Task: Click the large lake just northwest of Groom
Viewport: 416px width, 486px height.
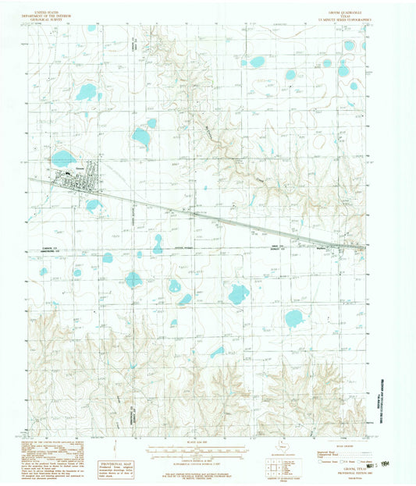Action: (x=63, y=159)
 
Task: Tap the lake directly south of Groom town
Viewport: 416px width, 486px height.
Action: (x=94, y=206)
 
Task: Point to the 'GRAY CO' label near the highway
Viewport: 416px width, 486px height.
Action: (x=331, y=246)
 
